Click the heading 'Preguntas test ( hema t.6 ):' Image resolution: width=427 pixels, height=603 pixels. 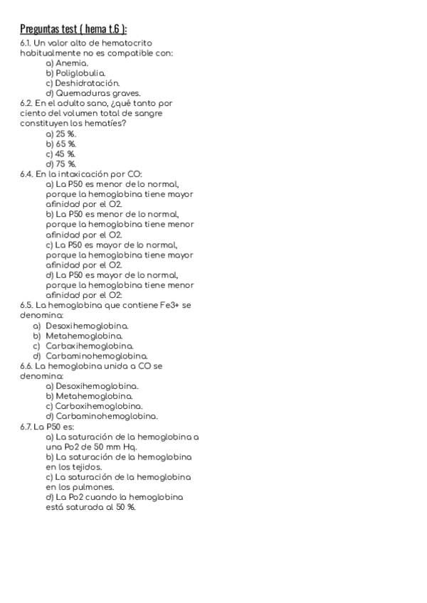(x=74, y=29)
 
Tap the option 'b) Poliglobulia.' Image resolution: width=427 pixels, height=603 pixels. (x=75, y=73)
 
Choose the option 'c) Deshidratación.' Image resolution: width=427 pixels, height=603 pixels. (x=82, y=82)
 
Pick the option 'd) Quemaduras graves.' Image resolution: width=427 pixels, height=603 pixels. (x=93, y=92)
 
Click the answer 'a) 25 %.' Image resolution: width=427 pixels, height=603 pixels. (x=61, y=133)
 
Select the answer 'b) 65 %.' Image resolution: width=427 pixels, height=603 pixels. (x=61, y=143)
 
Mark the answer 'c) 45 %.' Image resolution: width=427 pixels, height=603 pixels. (x=61, y=153)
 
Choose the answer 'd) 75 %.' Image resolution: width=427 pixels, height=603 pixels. (x=61, y=163)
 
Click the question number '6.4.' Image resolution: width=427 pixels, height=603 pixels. (x=27, y=174)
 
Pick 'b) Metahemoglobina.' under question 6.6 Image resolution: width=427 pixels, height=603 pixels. (x=89, y=395)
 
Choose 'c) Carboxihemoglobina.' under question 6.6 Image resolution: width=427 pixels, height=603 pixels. (x=92, y=406)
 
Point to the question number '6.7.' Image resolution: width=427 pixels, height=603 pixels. (x=26, y=426)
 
